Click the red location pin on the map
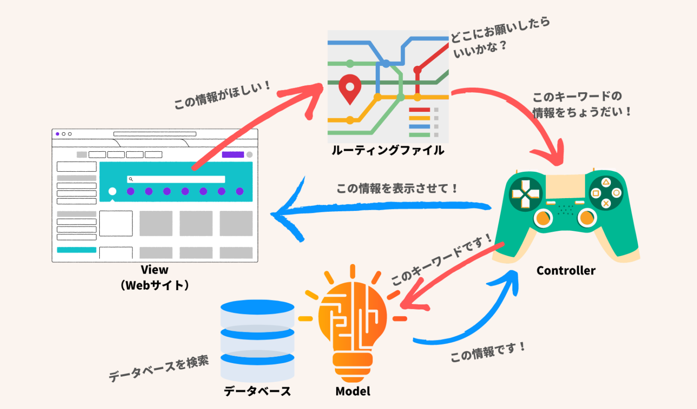click(350, 87)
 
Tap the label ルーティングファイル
click(388, 150)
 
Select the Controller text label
click(565, 271)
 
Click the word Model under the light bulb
click(353, 391)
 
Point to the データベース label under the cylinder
click(257, 391)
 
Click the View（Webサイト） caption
click(155, 278)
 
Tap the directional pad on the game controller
click(525, 194)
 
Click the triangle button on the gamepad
click(606, 182)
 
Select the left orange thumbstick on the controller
click(543, 219)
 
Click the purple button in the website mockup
click(233, 155)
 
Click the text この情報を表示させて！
click(397, 189)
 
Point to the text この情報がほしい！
click(222, 95)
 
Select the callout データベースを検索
click(158, 369)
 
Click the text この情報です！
click(488, 352)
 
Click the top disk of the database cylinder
click(257, 308)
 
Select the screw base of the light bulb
click(353, 366)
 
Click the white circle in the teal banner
click(113, 191)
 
